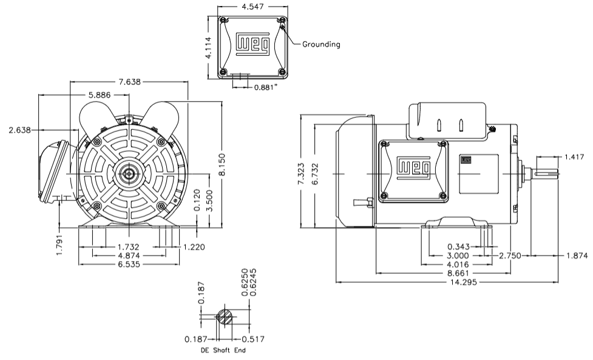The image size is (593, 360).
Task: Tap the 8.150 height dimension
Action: (223, 166)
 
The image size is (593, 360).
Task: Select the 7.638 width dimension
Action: (129, 82)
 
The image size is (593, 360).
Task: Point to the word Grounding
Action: (321, 44)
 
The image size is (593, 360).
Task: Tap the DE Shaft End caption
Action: (223, 350)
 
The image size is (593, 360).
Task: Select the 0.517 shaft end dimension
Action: (252, 339)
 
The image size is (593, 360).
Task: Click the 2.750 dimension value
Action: (510, 256)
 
